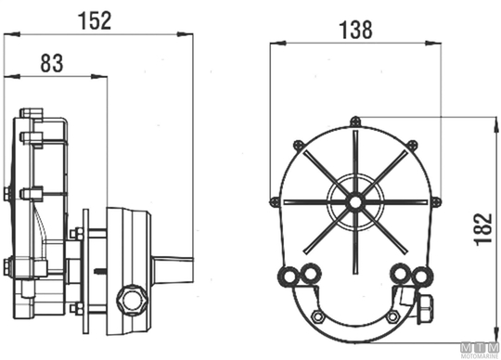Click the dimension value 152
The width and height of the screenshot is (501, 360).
point(95,20)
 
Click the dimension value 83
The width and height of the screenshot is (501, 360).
point(52,63)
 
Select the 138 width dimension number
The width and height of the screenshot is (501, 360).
point(355,30)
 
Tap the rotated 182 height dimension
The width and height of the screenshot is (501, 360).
point(482,229)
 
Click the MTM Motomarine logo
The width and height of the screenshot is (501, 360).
point(481,351)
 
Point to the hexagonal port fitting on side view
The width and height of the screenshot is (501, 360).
point(132,301)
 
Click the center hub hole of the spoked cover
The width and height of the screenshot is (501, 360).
point(355,202)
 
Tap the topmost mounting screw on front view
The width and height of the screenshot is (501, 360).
point(355,122)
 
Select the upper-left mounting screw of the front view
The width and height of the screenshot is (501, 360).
point(298,145)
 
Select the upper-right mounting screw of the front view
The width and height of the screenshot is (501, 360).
point(413,145)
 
